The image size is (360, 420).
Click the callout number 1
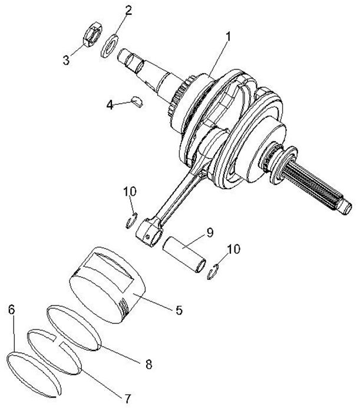pyautogui.click(x=228, y=37)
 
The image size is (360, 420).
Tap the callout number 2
pyautogui.click(x=128, y=10)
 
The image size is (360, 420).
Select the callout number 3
pyautogui.click(x=67, y=59)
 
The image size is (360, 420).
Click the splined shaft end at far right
pyautogui.click(x=330, y=194)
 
